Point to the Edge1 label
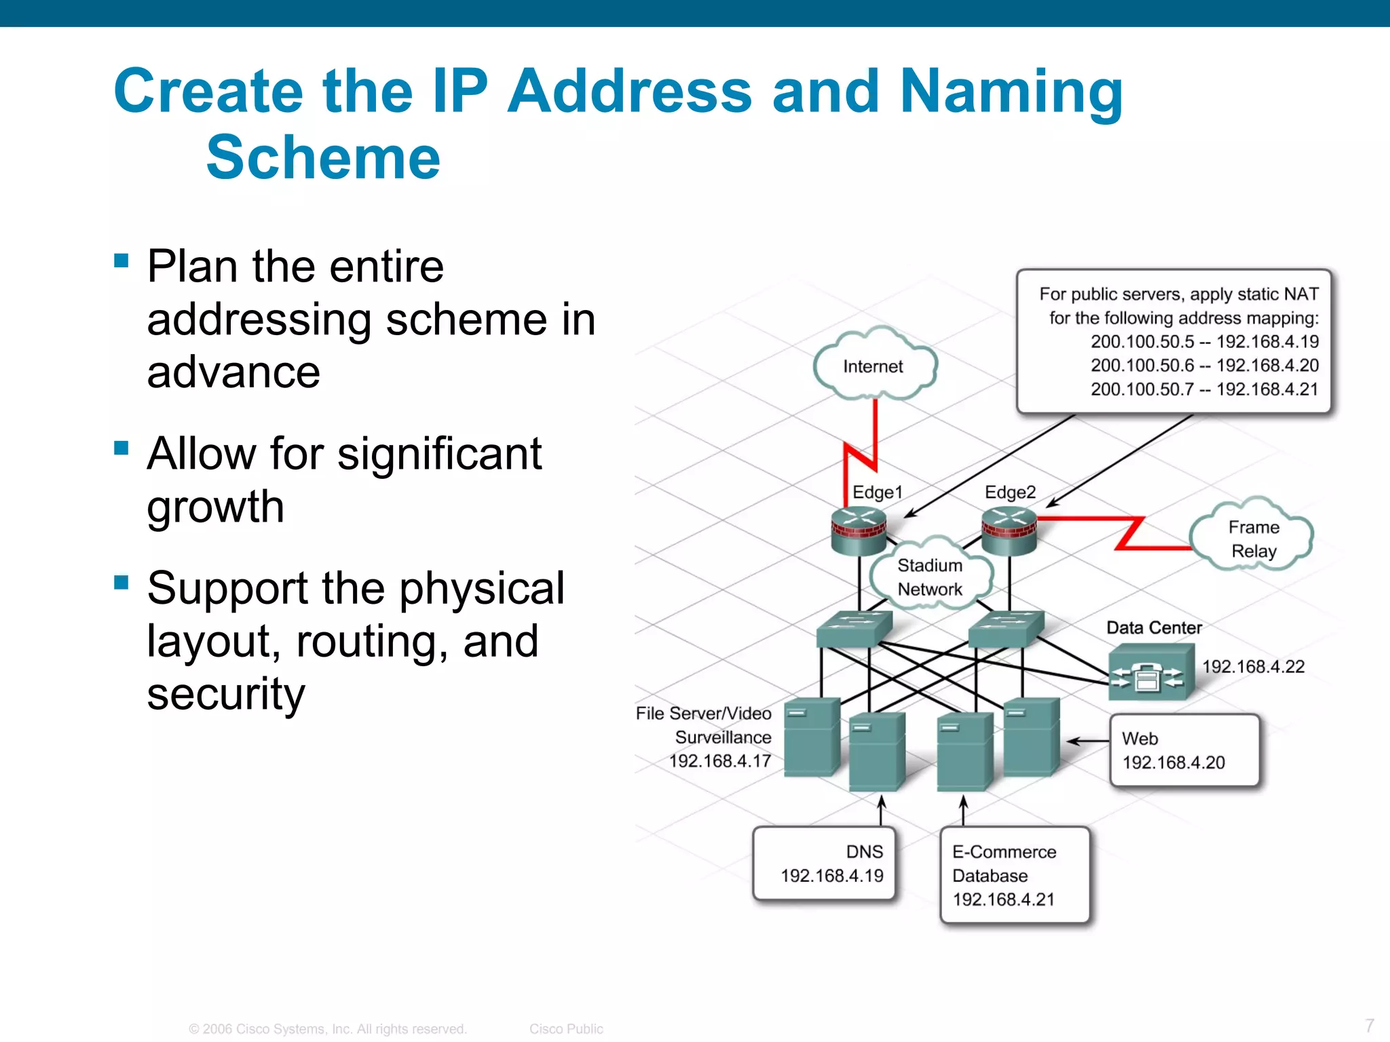[x=877, y=492]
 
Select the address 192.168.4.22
[x=1253, y=667]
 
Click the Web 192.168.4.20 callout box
[x=1184, y=750]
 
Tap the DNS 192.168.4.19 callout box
[x=824, y=863]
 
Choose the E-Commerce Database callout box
[x=1015, y=875]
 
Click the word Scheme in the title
[x=323, y=157]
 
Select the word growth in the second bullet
[x=215, y=507]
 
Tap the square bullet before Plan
[x=121, y=261]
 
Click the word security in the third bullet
[x=226, y=694]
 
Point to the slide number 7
[x=1370, y=1025]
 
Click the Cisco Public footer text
[x=566, y=1029]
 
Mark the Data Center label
[x=1154, y=628]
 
